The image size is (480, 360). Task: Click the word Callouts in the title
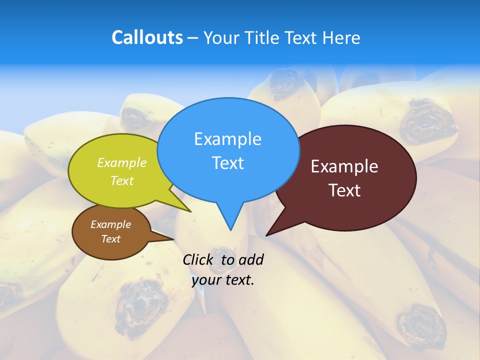point(147,37)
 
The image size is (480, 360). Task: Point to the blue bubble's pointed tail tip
point(230,229)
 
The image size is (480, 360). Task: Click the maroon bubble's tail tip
point(266,235)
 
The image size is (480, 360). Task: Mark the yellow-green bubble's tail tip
point(190,211)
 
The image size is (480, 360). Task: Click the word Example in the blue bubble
point(227,139)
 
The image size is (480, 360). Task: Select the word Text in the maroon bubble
point(344,190)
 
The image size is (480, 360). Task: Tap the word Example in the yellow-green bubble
point(122,162)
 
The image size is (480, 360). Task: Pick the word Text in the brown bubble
point(111,239)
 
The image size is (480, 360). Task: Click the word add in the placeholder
point(251,259)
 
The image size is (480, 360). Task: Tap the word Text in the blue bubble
point(227,163)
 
